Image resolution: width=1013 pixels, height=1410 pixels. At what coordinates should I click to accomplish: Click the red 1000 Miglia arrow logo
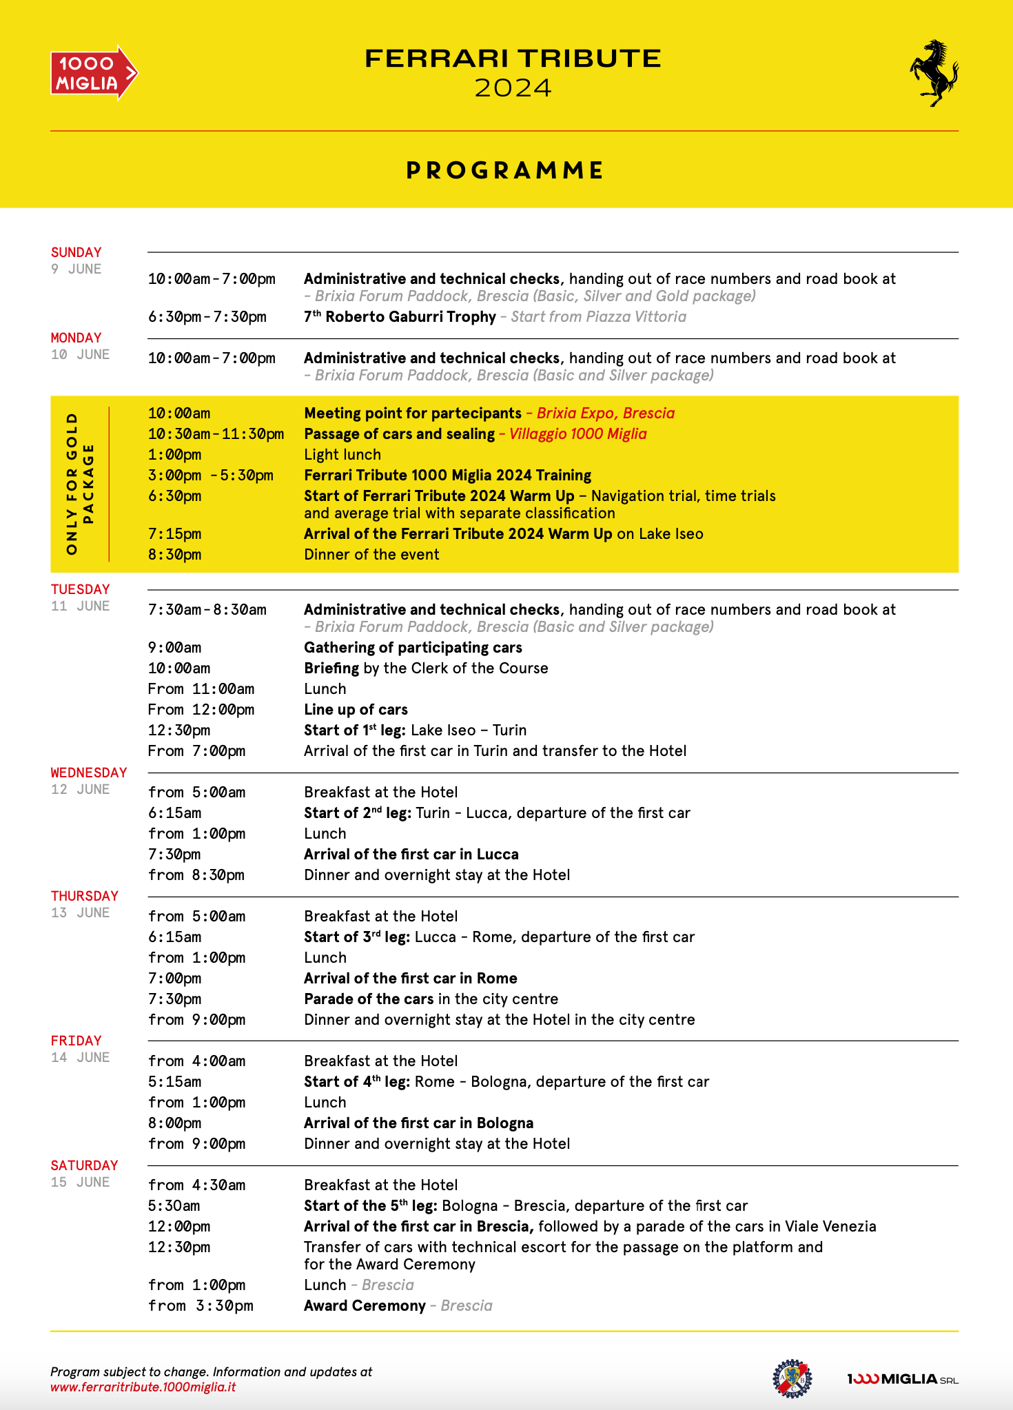[94, 73]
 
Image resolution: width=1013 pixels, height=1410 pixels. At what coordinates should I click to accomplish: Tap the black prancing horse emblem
[934, 73]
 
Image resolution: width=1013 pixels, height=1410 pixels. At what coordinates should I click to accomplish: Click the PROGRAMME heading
[505, 170]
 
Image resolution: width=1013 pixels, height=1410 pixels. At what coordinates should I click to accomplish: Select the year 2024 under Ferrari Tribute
[513, 88]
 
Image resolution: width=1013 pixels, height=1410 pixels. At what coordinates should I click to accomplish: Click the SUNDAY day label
[76, 252]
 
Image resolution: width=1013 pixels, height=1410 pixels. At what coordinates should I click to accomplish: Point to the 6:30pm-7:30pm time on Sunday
[207, 317]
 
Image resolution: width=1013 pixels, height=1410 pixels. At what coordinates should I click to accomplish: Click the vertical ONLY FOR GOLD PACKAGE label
[80, 484]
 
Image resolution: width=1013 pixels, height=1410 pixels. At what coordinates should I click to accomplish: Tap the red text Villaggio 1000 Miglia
[577, 434]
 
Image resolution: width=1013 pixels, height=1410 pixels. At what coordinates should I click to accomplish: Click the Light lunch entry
[342, 455]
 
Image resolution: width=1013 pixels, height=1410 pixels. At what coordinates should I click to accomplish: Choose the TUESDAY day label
[80, 589]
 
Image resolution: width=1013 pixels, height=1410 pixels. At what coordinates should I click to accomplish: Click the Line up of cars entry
[356, 710]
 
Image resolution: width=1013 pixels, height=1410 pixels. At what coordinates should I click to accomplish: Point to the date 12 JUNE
[80, 790]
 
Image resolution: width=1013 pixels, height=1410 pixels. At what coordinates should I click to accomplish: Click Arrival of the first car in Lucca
[411, 855]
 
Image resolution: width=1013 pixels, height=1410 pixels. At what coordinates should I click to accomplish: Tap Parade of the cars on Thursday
[369, 999]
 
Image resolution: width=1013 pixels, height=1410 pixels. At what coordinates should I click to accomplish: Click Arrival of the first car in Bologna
[418, 1123]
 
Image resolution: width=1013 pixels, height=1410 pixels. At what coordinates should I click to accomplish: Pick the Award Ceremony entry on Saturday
[365, 1306]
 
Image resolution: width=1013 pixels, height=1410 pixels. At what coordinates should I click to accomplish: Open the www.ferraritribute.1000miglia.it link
[143, 1387]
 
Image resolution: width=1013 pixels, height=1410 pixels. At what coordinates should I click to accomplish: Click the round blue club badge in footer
[792, 1379]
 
